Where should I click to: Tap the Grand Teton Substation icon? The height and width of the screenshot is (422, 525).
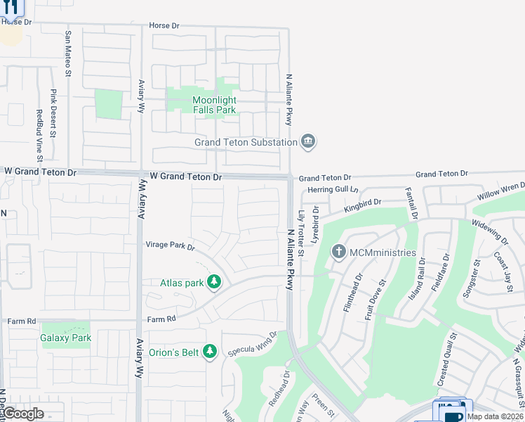307,143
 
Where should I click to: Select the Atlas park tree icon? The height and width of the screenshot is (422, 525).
214,283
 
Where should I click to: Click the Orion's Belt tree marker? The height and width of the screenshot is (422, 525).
209,351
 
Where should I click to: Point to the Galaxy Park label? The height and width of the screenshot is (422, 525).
66,338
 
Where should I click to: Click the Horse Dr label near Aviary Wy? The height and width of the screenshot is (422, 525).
164,26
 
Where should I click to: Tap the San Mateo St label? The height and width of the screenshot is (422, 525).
69,53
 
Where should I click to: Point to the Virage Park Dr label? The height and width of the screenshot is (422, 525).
169,246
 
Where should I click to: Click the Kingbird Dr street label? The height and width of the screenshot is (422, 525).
362,205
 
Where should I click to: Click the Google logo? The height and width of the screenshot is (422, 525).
24,414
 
